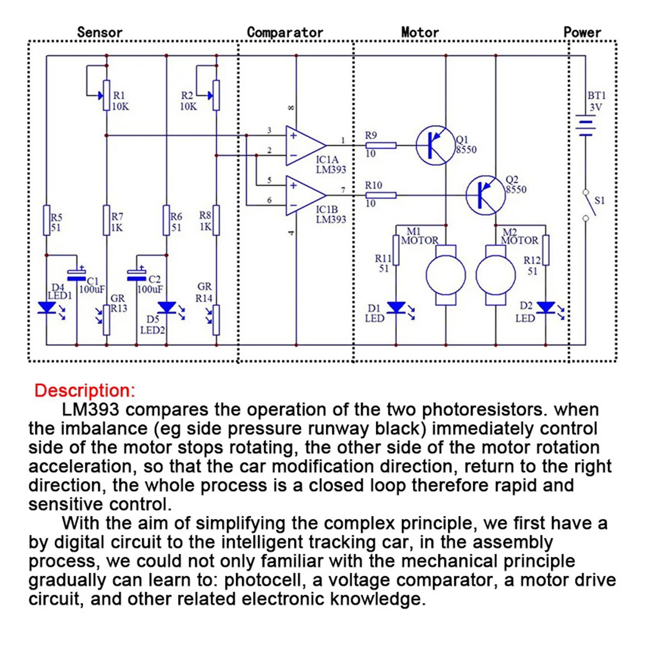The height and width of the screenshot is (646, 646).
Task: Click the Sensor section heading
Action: tap(99, 32)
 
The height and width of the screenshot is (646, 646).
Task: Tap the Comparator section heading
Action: tap(285, 32)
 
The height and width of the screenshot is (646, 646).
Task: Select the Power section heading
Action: tap(582, 32)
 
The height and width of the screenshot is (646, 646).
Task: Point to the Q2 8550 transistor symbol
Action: tap(485, 195)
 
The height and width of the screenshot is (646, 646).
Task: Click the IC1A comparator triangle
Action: tap(306, 145)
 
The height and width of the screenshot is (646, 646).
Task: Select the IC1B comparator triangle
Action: tap(306, 195)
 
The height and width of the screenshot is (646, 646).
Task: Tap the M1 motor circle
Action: tap(446, 275)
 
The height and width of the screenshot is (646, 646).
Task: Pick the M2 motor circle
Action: tap(496, 275)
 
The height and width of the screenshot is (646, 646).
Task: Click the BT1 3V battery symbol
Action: tap(585, 126)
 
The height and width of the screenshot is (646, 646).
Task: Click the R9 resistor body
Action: tap(381, 145)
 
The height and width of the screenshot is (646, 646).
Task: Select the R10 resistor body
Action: tap(381, 195)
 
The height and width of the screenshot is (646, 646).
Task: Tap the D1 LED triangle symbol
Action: tap(396, 308)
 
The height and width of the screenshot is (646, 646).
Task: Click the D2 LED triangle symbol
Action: tap(546, 308)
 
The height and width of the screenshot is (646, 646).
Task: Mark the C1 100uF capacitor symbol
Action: tap(77, 275)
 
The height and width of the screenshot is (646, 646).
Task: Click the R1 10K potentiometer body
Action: tap(107, 95)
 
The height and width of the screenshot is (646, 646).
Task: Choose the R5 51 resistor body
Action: tap(46, 220)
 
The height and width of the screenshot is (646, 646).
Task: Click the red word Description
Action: tap(85, 391)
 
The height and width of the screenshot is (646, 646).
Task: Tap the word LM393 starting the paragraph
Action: tap(90, 410)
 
